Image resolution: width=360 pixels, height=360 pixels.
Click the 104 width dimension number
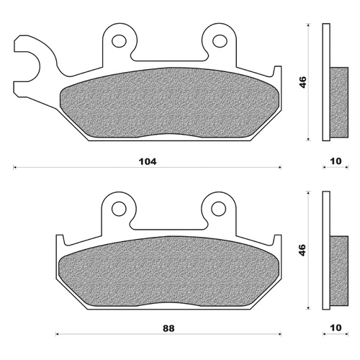(x=148, y=161)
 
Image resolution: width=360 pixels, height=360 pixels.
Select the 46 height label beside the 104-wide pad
(x=303, y=82)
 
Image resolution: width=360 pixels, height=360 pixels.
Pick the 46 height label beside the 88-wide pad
(x=303, y=251)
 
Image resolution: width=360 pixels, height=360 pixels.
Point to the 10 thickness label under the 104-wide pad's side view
(x=336, y=161)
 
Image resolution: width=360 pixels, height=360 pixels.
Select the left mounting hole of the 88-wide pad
(x=119, y=209)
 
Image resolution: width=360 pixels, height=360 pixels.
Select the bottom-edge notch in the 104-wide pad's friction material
(x=169, y=135)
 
